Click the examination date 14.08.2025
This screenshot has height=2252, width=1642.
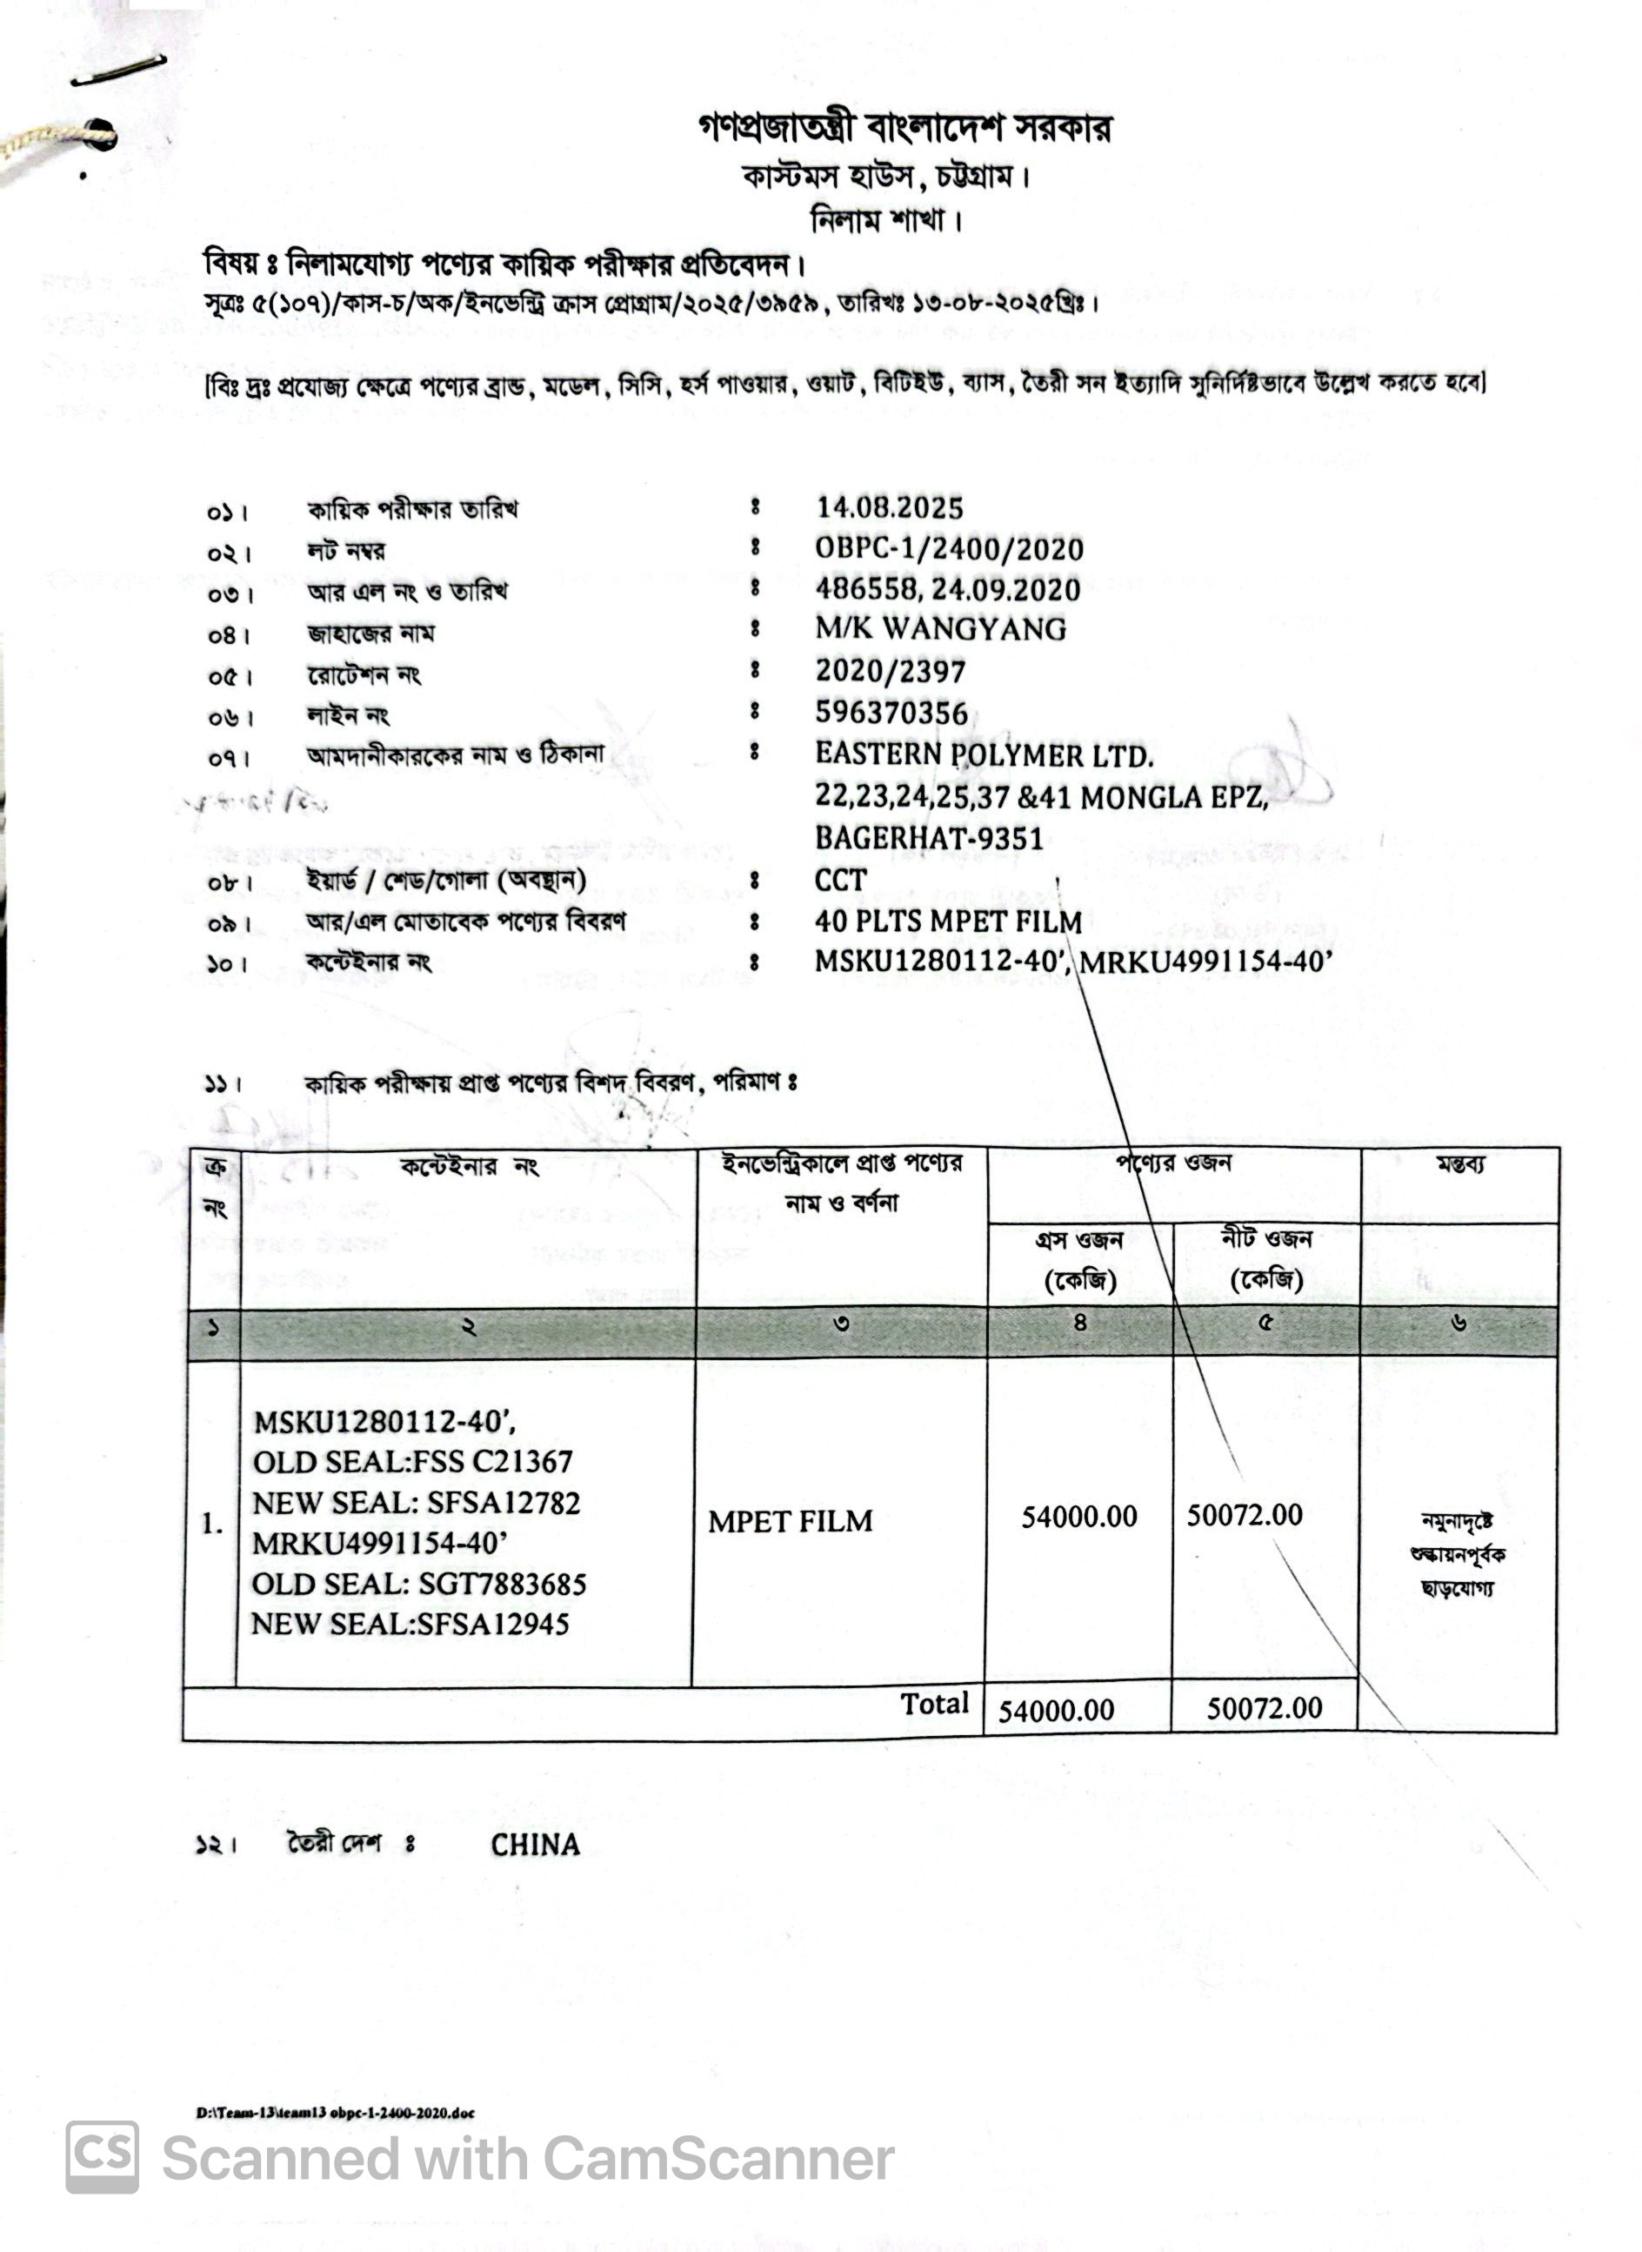pos(890,508)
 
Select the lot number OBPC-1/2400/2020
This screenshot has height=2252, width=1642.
pos(949,549)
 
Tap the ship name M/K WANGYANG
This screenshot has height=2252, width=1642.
pos(940,629)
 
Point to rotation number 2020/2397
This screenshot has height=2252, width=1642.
pos(891,672)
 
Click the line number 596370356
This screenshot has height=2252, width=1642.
pos(891,713)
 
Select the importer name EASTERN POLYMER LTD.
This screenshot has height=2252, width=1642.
pos(984,755)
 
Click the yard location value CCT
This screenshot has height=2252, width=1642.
pos(841,880)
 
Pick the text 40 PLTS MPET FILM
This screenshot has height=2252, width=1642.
pos(948,922)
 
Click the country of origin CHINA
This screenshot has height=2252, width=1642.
pos(535,1846)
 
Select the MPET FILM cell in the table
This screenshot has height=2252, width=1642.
pos(791,1521)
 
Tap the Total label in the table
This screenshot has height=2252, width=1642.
pos(934,1704)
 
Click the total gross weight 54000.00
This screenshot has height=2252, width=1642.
pos(1056,1710)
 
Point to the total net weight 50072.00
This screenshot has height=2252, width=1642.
pos(1265,1708)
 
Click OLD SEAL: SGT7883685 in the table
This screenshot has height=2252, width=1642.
pos(418,1584)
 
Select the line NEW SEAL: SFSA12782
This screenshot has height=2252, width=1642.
pos(417,1502)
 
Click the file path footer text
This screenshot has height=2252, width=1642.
pos(335,2113)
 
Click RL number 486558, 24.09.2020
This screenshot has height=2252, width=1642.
pos(948,590)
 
